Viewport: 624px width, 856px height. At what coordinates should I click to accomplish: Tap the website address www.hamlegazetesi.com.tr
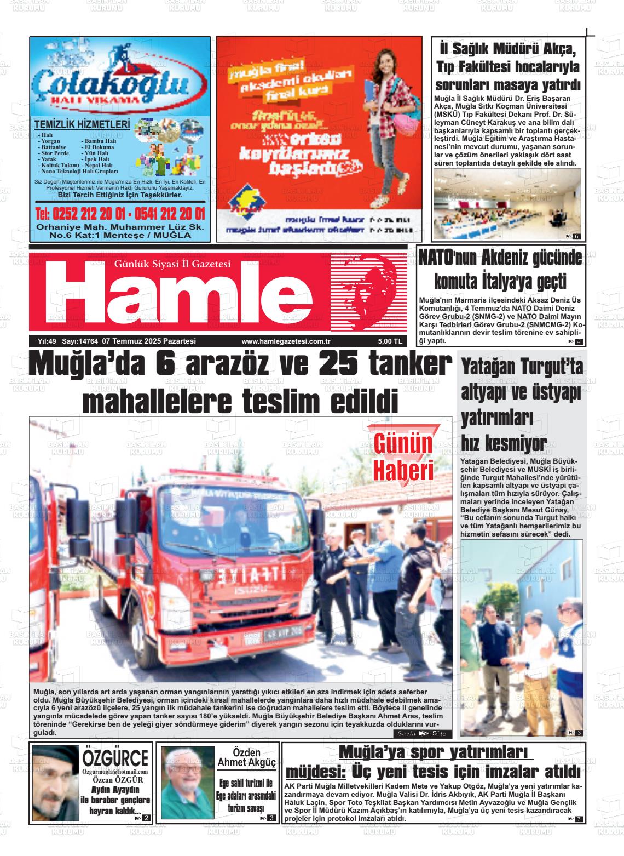285,341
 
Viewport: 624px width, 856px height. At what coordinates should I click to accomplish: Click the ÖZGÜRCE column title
115,758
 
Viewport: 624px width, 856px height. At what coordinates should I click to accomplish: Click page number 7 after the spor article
579,819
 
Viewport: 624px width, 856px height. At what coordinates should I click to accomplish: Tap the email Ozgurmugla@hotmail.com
115,771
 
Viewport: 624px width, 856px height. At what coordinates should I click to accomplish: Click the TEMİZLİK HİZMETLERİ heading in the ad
82,124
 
